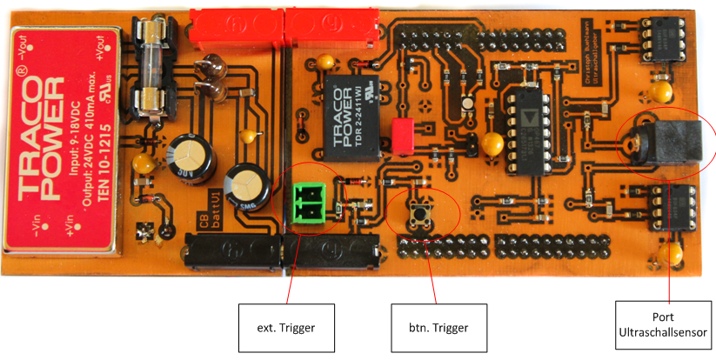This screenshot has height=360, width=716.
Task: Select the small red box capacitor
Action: tap(403, 133)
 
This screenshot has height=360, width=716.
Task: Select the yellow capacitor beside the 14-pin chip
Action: tap(493, 143)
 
